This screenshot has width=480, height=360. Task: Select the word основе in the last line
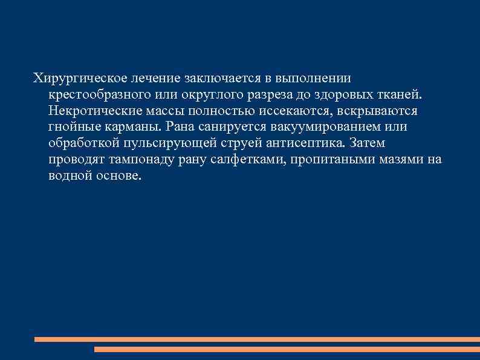point(118,175)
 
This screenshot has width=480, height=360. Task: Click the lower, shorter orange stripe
point(287,350)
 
